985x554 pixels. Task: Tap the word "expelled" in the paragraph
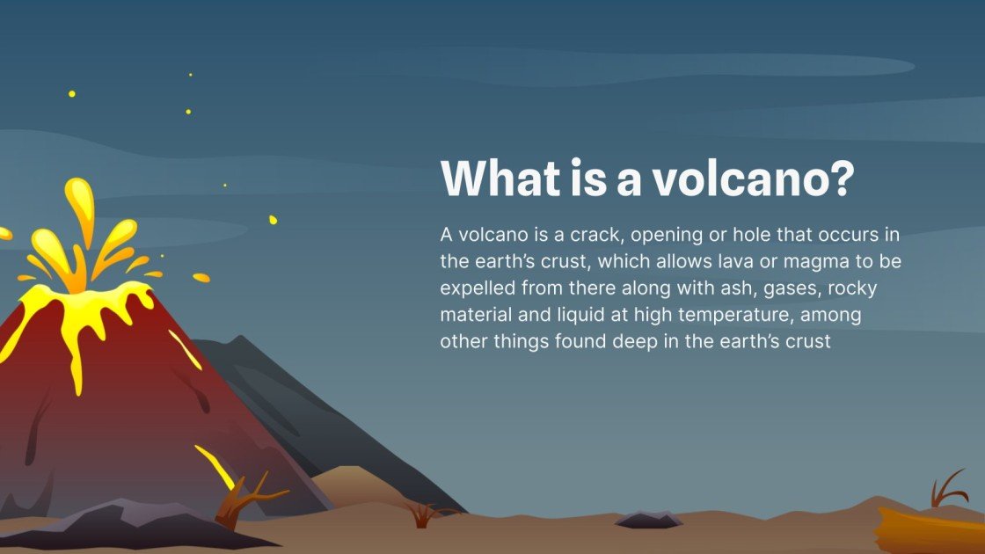click(x=478, y=288)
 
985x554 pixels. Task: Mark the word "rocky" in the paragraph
click(x=851, y=288)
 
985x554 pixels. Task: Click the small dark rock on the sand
click(x=648, y=520)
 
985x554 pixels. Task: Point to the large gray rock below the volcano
click(x=114, y=524)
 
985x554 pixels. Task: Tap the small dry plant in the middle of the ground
click(x=423, y=514)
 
